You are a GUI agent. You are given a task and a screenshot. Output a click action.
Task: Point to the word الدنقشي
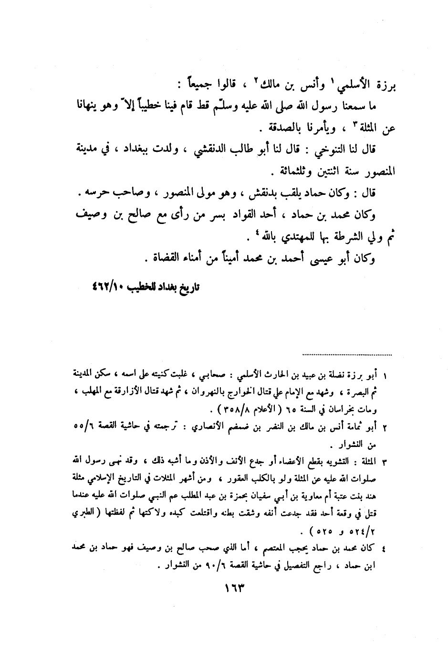point(210,149)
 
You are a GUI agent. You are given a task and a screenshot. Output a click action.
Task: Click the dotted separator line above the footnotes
point(347,355)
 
